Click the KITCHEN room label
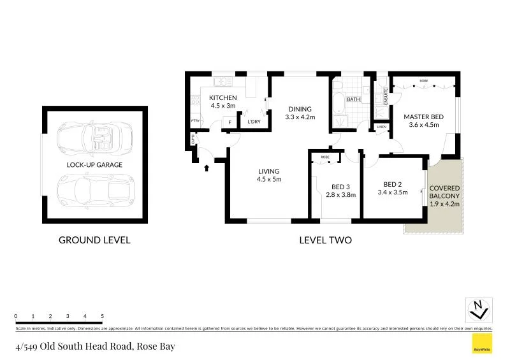click(223, 97)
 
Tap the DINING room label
click(300, 108)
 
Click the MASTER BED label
click(423, 117)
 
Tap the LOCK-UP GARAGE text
click(94, 164)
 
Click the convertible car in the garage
click(94, 139)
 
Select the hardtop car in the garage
click(94, 190)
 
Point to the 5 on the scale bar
click(103, 316)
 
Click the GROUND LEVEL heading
click(94, 240)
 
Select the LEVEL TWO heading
click(325, 240)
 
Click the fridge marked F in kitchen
click(229, 122)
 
